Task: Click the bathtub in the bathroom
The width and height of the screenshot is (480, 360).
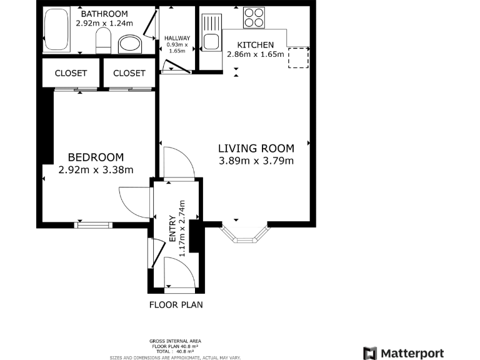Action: click(56, 31)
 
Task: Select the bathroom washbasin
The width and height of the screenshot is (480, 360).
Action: click(130, 44)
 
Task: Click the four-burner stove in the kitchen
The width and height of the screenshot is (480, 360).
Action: click(253, 17)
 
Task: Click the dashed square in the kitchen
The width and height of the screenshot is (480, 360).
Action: click(298, 57)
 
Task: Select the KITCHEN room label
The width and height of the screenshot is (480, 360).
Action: click(256, 45)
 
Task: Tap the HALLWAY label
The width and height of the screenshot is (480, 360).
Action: click(177, 38)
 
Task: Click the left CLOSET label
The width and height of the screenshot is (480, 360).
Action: click(71, 73)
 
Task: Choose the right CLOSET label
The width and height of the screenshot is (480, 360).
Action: click(129, 73)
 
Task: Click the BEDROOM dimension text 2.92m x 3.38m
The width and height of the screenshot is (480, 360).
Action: click(96, 169)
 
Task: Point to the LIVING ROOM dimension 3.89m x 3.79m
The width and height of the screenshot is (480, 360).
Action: click(256, 161)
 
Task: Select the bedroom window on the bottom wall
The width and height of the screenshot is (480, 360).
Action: click(93, 224)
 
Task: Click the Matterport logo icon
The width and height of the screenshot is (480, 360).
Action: click(370, 353)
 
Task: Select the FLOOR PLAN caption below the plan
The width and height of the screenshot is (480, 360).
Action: click(176, 305)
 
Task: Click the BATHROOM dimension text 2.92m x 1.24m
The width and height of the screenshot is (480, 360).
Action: click(104, 23)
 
